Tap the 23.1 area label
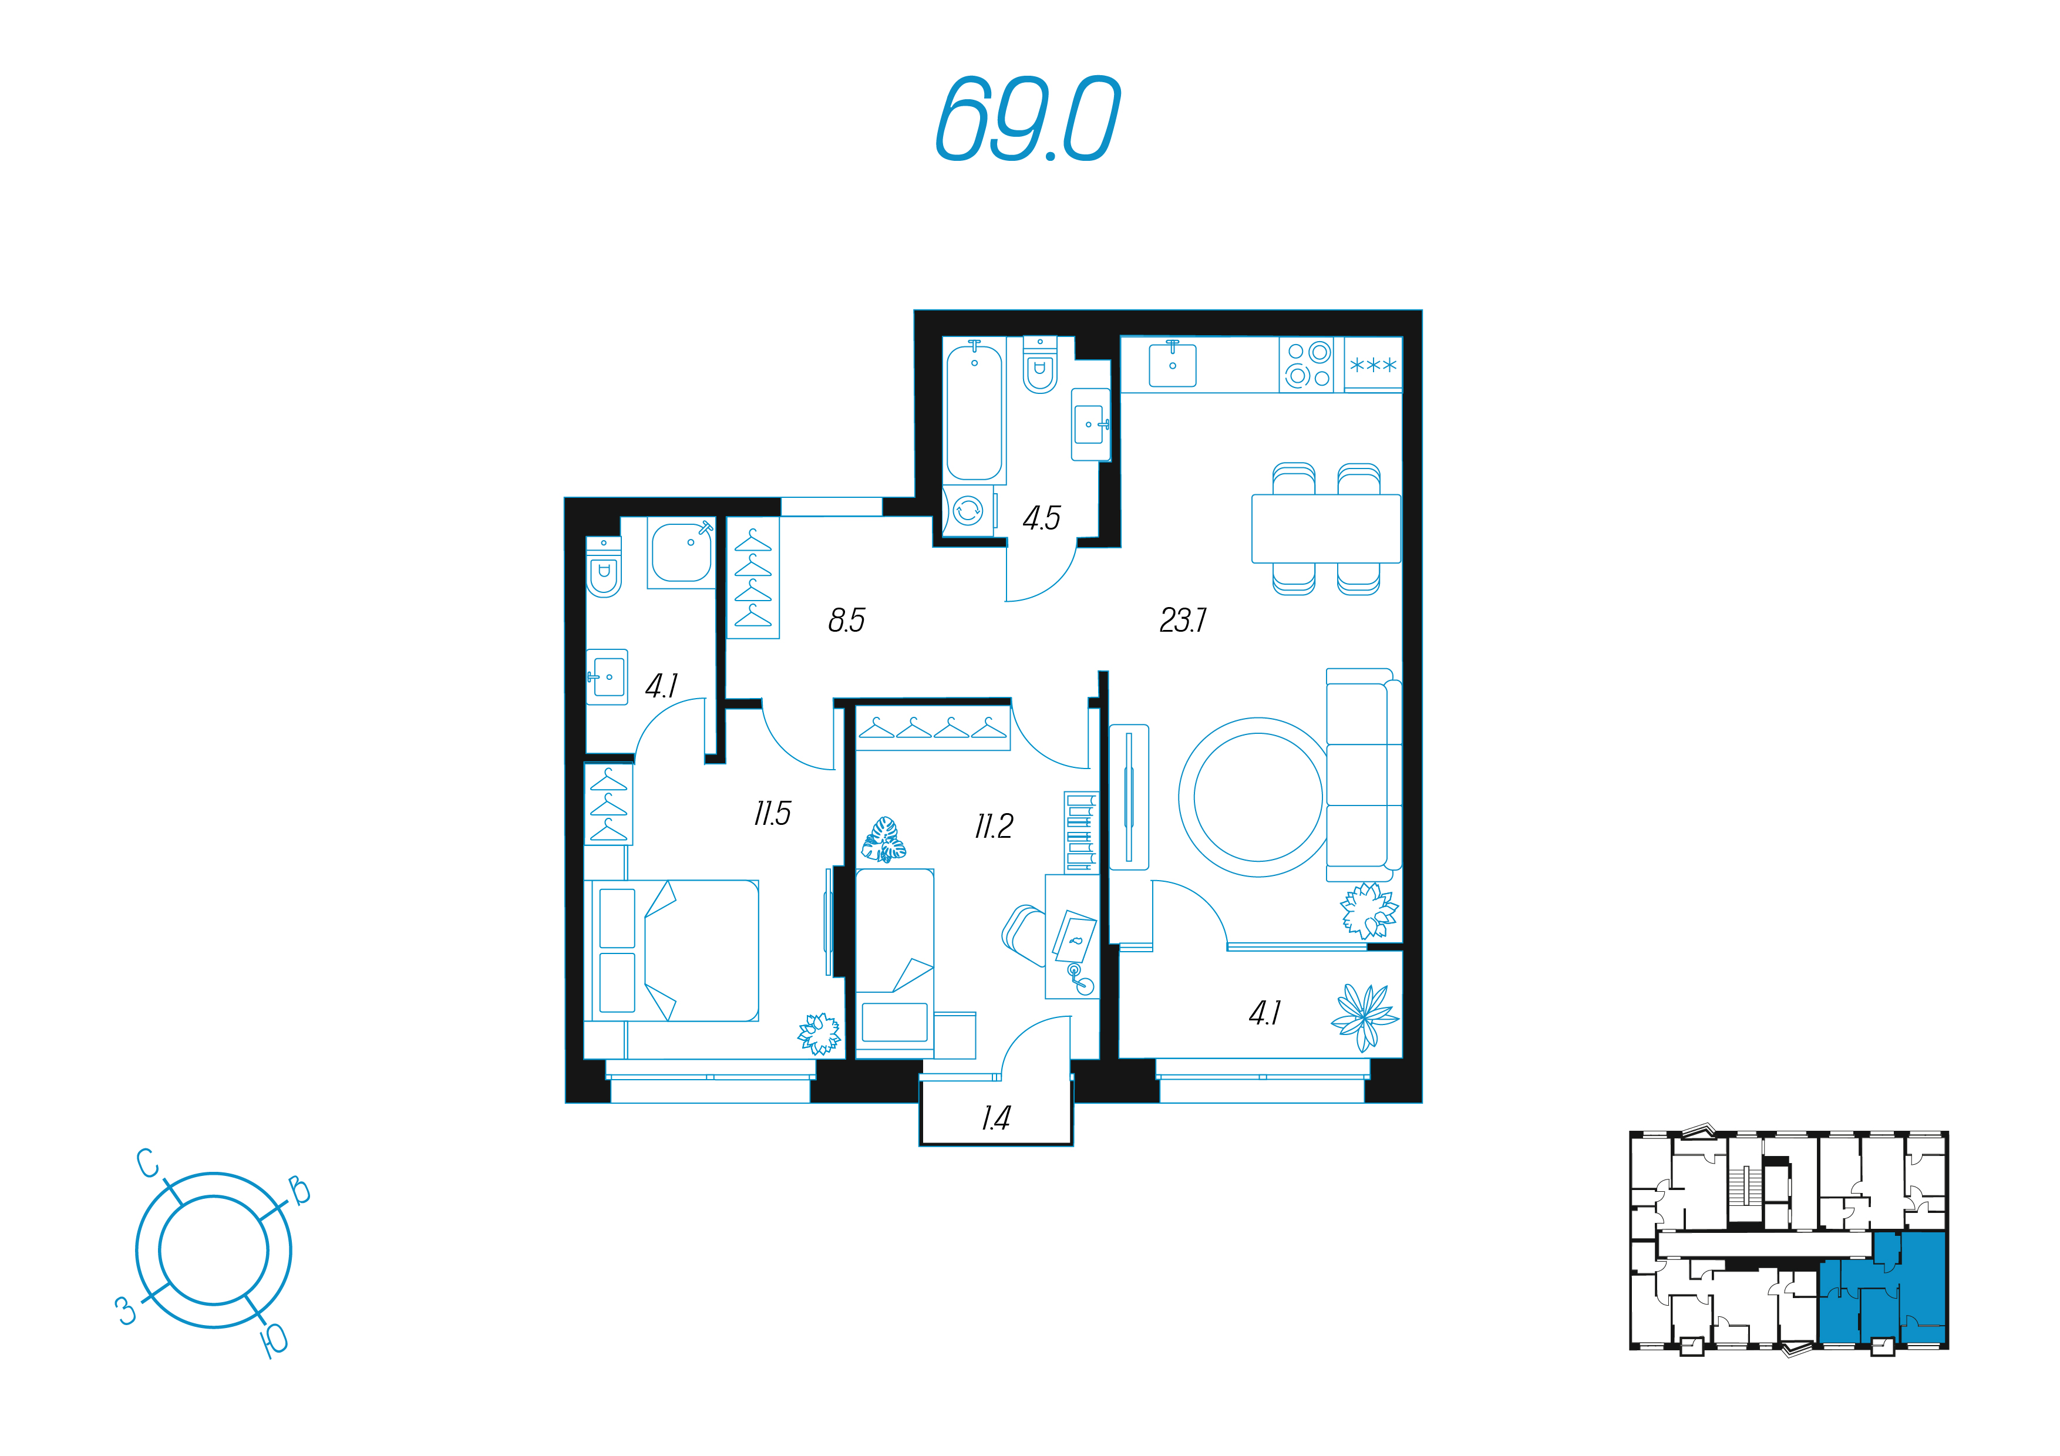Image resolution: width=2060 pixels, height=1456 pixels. click(1183, 620)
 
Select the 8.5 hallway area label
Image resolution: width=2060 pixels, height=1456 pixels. click(846, 620)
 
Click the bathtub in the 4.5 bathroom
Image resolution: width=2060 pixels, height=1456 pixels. click(974, 411)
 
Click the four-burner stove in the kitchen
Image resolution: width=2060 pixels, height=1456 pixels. click(1307, 364)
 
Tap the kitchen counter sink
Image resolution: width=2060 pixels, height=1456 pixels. click(1173, 363)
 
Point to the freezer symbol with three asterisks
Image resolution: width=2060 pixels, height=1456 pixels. click(1373, 364)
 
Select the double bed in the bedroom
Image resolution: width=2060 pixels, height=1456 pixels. click(672, 950)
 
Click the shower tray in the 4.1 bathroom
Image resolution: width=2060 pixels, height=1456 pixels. click(681, 552)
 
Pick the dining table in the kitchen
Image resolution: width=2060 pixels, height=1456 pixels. click(1326, 528)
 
